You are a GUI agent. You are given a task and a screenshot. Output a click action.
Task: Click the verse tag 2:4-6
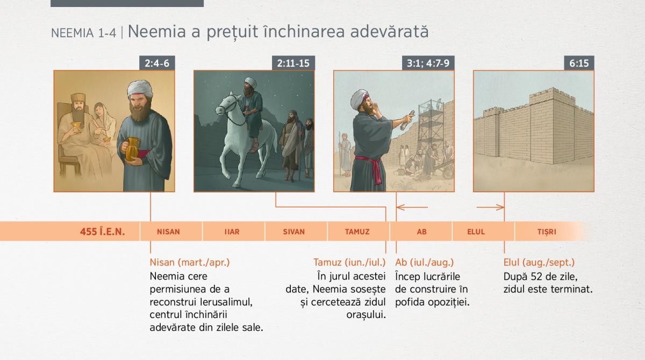click(157, 63)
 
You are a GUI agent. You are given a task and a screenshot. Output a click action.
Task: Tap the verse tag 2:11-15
click(293, 63)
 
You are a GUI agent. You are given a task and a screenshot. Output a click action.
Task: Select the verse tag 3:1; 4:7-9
click(428, 63)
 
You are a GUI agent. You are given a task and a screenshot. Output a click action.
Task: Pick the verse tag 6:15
click(579, 63)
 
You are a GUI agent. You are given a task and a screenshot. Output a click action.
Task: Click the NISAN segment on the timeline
click(168, 232)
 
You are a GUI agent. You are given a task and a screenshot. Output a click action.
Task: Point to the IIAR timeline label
click(232, 232)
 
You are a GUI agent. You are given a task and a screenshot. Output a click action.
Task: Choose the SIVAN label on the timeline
click(293, 232)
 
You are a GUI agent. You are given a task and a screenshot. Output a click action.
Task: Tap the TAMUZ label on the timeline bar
click(357, 232)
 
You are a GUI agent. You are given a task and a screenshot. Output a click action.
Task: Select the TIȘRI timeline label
click(547, 232)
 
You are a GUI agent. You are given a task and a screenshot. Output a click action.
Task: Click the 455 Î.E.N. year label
click(102, 232)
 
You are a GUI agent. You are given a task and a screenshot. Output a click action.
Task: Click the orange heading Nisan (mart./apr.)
click(190, 262)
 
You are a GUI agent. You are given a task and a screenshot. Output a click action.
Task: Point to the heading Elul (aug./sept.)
click(539, 262)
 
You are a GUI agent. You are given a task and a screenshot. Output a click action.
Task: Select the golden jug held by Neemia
click(132, 149)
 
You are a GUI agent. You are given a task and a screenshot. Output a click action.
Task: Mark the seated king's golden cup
click(76, 127)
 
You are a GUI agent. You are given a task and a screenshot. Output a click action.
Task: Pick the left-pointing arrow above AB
click(412, 207)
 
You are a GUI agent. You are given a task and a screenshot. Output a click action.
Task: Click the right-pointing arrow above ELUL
click(490, 207)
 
